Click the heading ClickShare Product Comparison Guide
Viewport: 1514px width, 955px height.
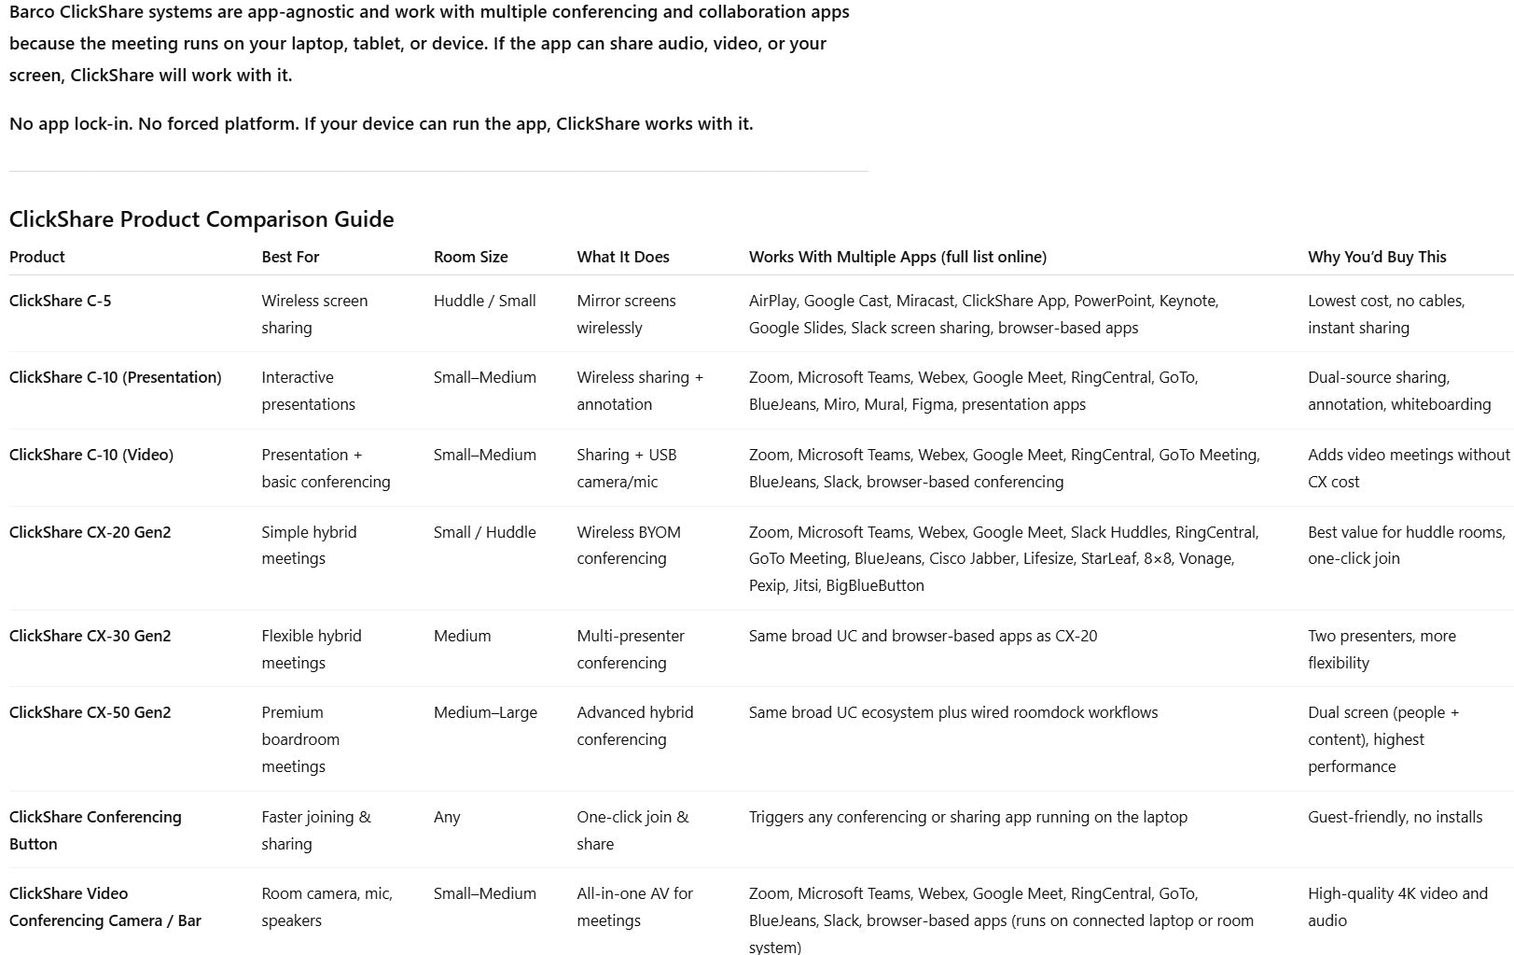(x=201, y=219)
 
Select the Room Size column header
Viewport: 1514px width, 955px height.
(x=470, y=257)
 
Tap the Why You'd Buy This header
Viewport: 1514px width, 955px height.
(x=1377, y=257)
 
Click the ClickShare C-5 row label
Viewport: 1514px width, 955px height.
(x=60, y=301)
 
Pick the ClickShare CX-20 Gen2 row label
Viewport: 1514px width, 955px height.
(x=90, y=532)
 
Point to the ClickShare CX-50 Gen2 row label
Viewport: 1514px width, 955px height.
(x=90, y=712)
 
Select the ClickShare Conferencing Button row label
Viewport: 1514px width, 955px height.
(x=94, y=830)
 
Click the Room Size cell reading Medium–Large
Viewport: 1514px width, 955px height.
(x=485, y=712)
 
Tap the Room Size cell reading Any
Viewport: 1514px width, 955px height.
(x=447, y=817)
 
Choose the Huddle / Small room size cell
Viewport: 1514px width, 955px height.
(x=484, y=301)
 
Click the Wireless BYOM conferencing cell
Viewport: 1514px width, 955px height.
(x=628, y=545)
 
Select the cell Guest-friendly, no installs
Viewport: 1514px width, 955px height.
(x=1395, y=817)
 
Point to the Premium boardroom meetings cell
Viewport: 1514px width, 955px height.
(x=299, y=739)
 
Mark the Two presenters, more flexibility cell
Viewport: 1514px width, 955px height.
(x=1381, y=649)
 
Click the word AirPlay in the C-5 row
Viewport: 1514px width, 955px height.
(x=771, y=301)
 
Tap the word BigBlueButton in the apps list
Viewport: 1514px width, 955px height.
(x=874, y=585)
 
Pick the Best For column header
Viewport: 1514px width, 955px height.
(x=290, y=257)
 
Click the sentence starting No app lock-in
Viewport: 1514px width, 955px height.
(x=381, y=124)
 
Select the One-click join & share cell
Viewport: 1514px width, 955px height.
(x=632, y=830)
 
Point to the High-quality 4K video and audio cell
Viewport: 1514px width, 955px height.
(x=1396, y=906)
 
